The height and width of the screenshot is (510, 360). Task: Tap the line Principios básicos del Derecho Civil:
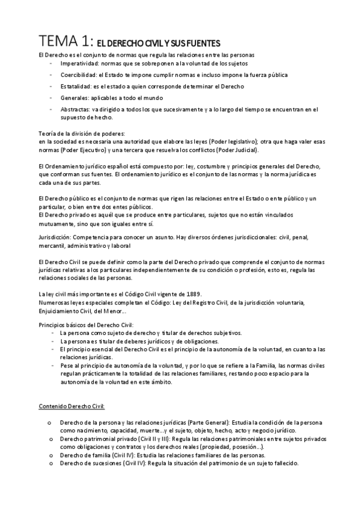[x=81, y=325]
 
